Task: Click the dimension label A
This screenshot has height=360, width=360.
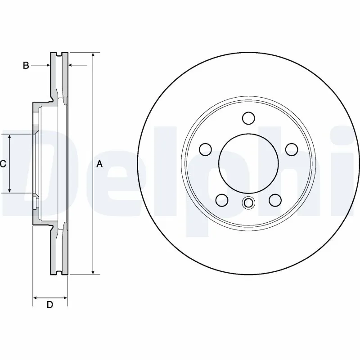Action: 100,165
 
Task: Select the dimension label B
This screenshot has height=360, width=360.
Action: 26,66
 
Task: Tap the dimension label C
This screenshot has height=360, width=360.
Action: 3,164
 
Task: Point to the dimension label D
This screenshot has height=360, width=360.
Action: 50,305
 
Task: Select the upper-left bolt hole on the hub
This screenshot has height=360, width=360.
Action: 205,149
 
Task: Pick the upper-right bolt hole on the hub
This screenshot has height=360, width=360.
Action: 292,149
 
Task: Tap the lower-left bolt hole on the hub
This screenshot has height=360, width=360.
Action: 221,199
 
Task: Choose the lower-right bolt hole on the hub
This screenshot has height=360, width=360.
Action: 274,199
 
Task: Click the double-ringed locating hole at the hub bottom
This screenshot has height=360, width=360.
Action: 248,203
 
